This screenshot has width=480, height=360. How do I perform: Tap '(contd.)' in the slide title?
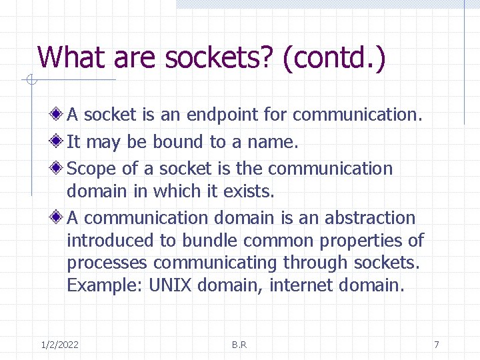point(334,59)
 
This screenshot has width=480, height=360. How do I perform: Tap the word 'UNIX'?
point(171,285)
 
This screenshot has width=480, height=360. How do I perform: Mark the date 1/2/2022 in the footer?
point(59,345)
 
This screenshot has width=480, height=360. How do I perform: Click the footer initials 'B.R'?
point(239,345)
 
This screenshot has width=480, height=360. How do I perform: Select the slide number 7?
point(436,345)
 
